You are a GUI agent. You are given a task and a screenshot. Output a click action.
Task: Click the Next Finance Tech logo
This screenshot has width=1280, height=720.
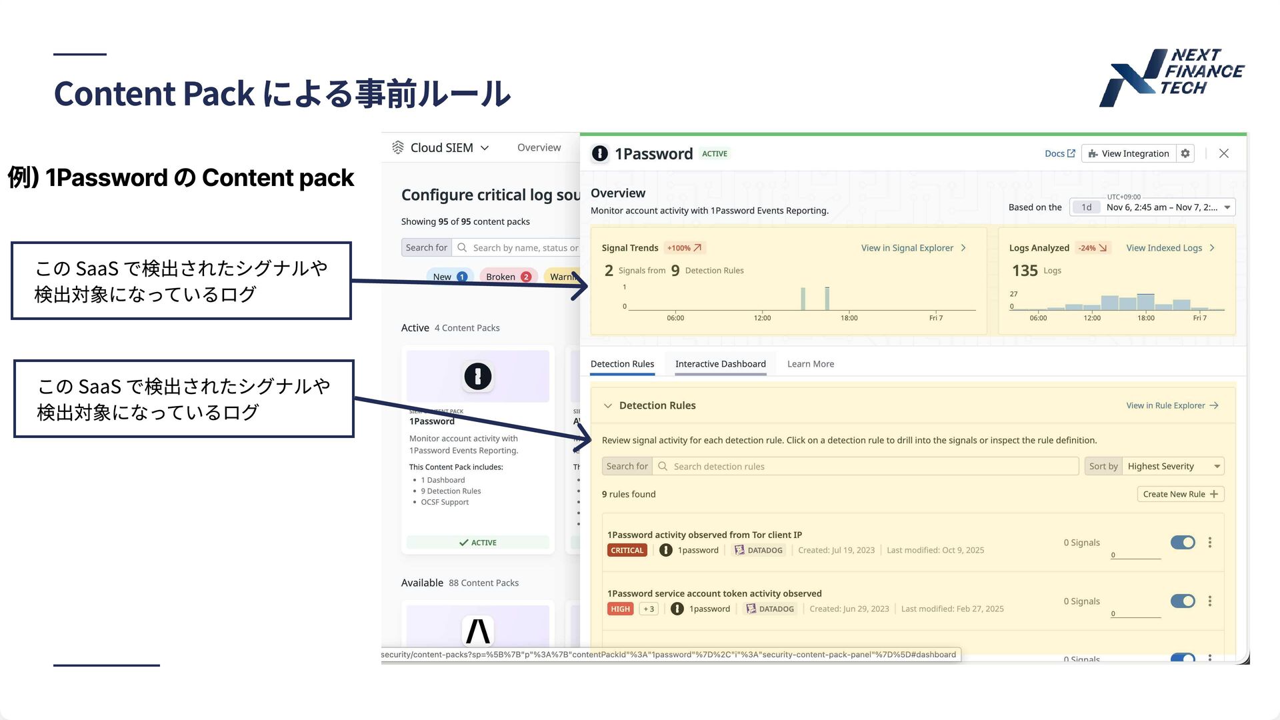[1171, 77]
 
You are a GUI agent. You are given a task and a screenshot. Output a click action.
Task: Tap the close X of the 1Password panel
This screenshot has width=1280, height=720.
[1224, 153]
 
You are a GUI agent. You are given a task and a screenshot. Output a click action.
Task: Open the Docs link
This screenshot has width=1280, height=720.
[1059, 153]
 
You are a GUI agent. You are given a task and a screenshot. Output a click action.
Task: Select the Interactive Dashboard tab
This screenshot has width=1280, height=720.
[720, 364]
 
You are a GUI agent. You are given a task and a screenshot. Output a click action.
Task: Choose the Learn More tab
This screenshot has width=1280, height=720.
[810, 364]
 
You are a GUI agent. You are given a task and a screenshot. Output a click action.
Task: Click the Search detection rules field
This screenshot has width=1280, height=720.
[867, 466]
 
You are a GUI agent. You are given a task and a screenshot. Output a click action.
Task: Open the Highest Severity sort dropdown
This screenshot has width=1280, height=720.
[1173, 466]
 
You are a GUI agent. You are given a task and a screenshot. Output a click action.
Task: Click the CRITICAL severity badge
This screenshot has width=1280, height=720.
[627, 550]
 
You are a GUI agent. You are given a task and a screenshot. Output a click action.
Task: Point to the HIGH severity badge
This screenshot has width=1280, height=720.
[620, 609]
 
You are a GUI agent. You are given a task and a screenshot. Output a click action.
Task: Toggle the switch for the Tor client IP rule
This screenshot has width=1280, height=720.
[1183, 543]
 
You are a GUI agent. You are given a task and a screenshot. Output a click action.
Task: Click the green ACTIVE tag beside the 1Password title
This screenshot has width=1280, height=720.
[715, 153]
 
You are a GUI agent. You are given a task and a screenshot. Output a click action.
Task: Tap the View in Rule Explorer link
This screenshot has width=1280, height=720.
[1172, 405]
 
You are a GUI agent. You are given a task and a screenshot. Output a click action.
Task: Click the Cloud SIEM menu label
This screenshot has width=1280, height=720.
[441, 147]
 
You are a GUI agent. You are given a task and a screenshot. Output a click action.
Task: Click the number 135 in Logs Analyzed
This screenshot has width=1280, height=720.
[1025, 271]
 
